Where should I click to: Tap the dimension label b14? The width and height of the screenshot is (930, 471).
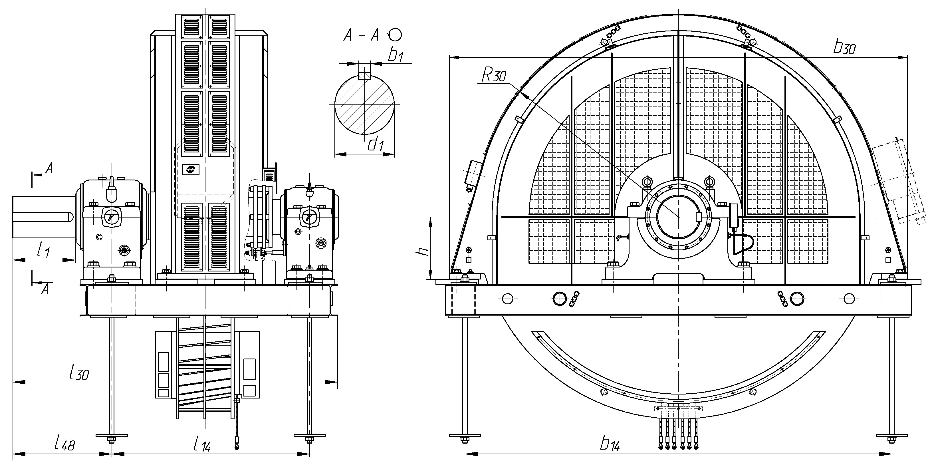[x=610, y=444]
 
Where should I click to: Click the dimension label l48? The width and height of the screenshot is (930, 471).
[x=65, y=443]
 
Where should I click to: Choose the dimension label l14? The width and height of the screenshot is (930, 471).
[x=201, y=444]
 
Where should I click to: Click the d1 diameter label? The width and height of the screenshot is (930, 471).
[x=376, y=144]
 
